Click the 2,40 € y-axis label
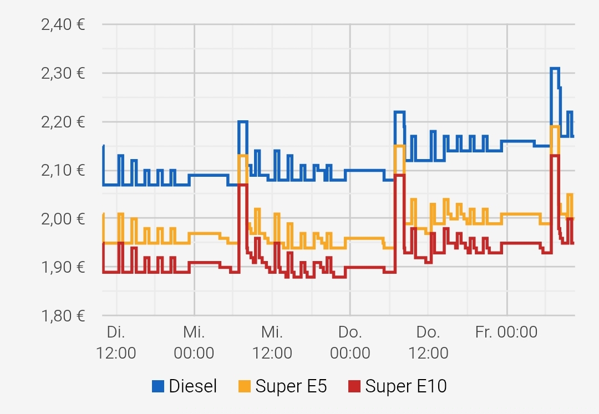pos(63,25)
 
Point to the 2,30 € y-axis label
pos(63,73)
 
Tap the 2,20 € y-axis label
pos(63,122)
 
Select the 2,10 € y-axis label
pos(63,170)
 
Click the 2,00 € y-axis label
pos(63,219)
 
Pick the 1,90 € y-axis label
pos(63,267)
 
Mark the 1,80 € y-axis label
pos(63,316)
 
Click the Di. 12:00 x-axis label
pos(116,343)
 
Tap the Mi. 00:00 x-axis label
pos(194,343)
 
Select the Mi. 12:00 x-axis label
pos(272,343)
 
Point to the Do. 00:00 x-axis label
pos(350,343)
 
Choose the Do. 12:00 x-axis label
pos(428,343)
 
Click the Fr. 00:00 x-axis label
pos(506,333)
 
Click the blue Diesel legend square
pos(158,386)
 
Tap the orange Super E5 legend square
pos(245,386)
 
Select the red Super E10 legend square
pos(354,386)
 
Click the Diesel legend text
pos(193,386)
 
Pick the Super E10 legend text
pos(406,386)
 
